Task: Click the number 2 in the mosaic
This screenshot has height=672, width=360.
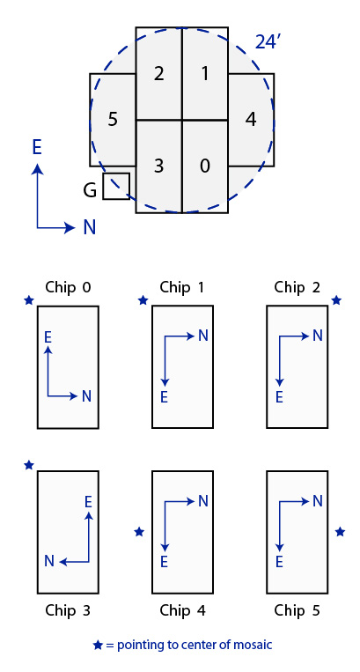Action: click(158, 74)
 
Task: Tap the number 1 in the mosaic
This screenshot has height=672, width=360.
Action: click(205, 74)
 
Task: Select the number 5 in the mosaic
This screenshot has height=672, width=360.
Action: click(113, 119)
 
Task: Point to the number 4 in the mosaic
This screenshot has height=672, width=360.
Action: click(251, 119)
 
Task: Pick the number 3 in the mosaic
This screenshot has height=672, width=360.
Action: click(158, 166)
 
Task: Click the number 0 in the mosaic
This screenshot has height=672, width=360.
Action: click(205, 166)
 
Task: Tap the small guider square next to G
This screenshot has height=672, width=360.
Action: click(116, 186)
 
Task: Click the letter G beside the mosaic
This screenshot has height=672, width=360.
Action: click(90, 190)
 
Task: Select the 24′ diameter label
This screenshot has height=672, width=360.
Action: click(268, 42)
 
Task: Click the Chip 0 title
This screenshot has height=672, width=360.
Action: click(68, 287)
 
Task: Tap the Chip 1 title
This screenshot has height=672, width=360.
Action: click(182, 287)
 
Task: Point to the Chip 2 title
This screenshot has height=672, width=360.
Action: click(298, 287)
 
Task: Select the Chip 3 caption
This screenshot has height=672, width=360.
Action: click(68, 610)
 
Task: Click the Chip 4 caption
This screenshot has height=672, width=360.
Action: click(182, 610)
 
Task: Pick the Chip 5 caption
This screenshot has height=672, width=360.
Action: click(298, 610)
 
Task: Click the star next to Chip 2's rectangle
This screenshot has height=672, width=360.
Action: click(336, 300)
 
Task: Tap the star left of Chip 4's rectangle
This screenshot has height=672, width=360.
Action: click(139, 532)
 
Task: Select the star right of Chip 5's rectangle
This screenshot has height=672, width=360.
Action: click(340, 532)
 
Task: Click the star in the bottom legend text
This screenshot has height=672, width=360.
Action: click(98, 645)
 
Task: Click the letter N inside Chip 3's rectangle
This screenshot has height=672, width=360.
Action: click(49, 561)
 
